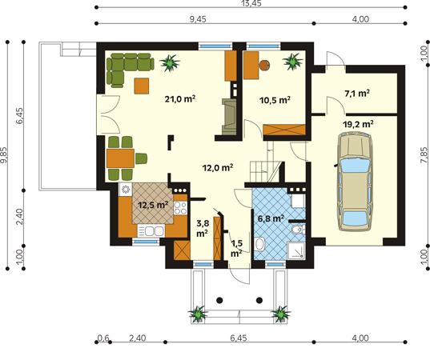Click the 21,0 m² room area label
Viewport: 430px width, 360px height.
180,98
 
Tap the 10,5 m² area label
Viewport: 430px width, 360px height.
275,100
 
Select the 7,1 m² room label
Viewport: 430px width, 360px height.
357,94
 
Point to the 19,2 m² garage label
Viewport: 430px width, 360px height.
358,124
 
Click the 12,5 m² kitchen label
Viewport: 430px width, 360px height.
153,205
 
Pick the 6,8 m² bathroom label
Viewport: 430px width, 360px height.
271,218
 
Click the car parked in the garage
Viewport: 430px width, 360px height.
355,182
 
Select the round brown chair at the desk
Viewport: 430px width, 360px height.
264,66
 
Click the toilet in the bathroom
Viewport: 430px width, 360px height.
298,230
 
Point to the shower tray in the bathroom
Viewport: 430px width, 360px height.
296,250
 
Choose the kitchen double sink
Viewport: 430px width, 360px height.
151,230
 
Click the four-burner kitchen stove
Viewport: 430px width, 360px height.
180,208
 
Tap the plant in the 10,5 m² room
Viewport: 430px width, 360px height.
293,62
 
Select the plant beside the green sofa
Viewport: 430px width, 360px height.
170,63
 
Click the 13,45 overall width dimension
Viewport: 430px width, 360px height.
251,3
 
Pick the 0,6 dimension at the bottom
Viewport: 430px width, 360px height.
103,338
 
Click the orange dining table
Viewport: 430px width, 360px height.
120,158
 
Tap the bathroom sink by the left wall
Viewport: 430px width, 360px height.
259,244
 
